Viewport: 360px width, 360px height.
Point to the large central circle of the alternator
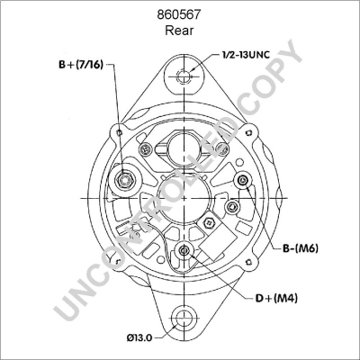pyautogui.click(x=184, y=193)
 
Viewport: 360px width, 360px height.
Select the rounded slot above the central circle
pyautogui.click(x=184, y=145)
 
